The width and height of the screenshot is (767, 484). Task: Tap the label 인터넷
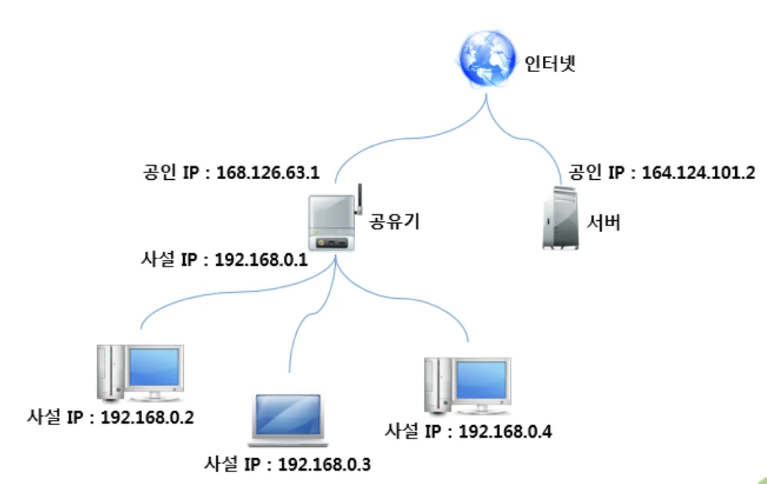549,65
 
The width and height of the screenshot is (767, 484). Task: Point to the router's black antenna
361,198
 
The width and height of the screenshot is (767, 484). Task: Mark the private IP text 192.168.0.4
505,431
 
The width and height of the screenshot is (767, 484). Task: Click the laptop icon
289,419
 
